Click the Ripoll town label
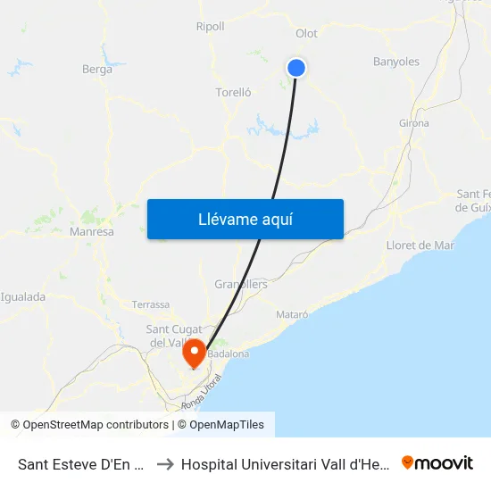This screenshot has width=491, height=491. [x=210, y=27]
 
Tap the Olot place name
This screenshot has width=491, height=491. [x=306, y=34]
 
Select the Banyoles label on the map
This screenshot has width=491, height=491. [x=395, y=62]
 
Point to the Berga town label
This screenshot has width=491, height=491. [x=97, y=69]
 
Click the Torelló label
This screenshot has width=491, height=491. [x=233, y=92]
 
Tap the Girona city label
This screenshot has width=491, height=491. [x=413, y=122]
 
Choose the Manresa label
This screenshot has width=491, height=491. [x=92, y=231]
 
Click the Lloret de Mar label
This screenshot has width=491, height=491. [x=420, y=245]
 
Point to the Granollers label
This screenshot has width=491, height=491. [x=241, y=285]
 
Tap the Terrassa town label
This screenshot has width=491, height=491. [x=150, y=304]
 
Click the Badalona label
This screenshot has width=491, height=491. [x=228, y=354]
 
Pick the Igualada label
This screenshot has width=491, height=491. [x=23, y=297]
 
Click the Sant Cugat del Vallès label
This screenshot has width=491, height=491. [x=171, y=337]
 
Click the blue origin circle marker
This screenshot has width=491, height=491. [x=296, y=68]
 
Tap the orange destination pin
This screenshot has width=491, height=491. [x=194, y=354]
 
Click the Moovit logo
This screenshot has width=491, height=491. [x=437, y=462]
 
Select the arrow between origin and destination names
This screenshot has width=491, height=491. [x=164, y=463]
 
